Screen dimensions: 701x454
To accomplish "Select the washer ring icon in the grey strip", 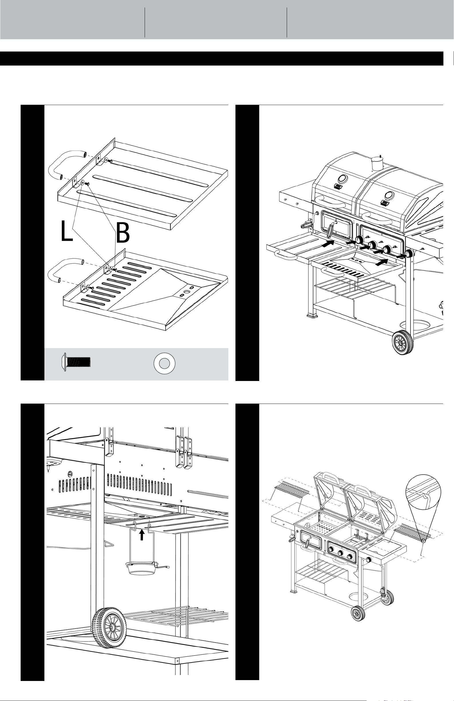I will [x=164, y=363].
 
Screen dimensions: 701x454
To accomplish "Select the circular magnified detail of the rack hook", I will [x=424, y=495].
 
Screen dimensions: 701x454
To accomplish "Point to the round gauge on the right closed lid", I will [x=389, y=195].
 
